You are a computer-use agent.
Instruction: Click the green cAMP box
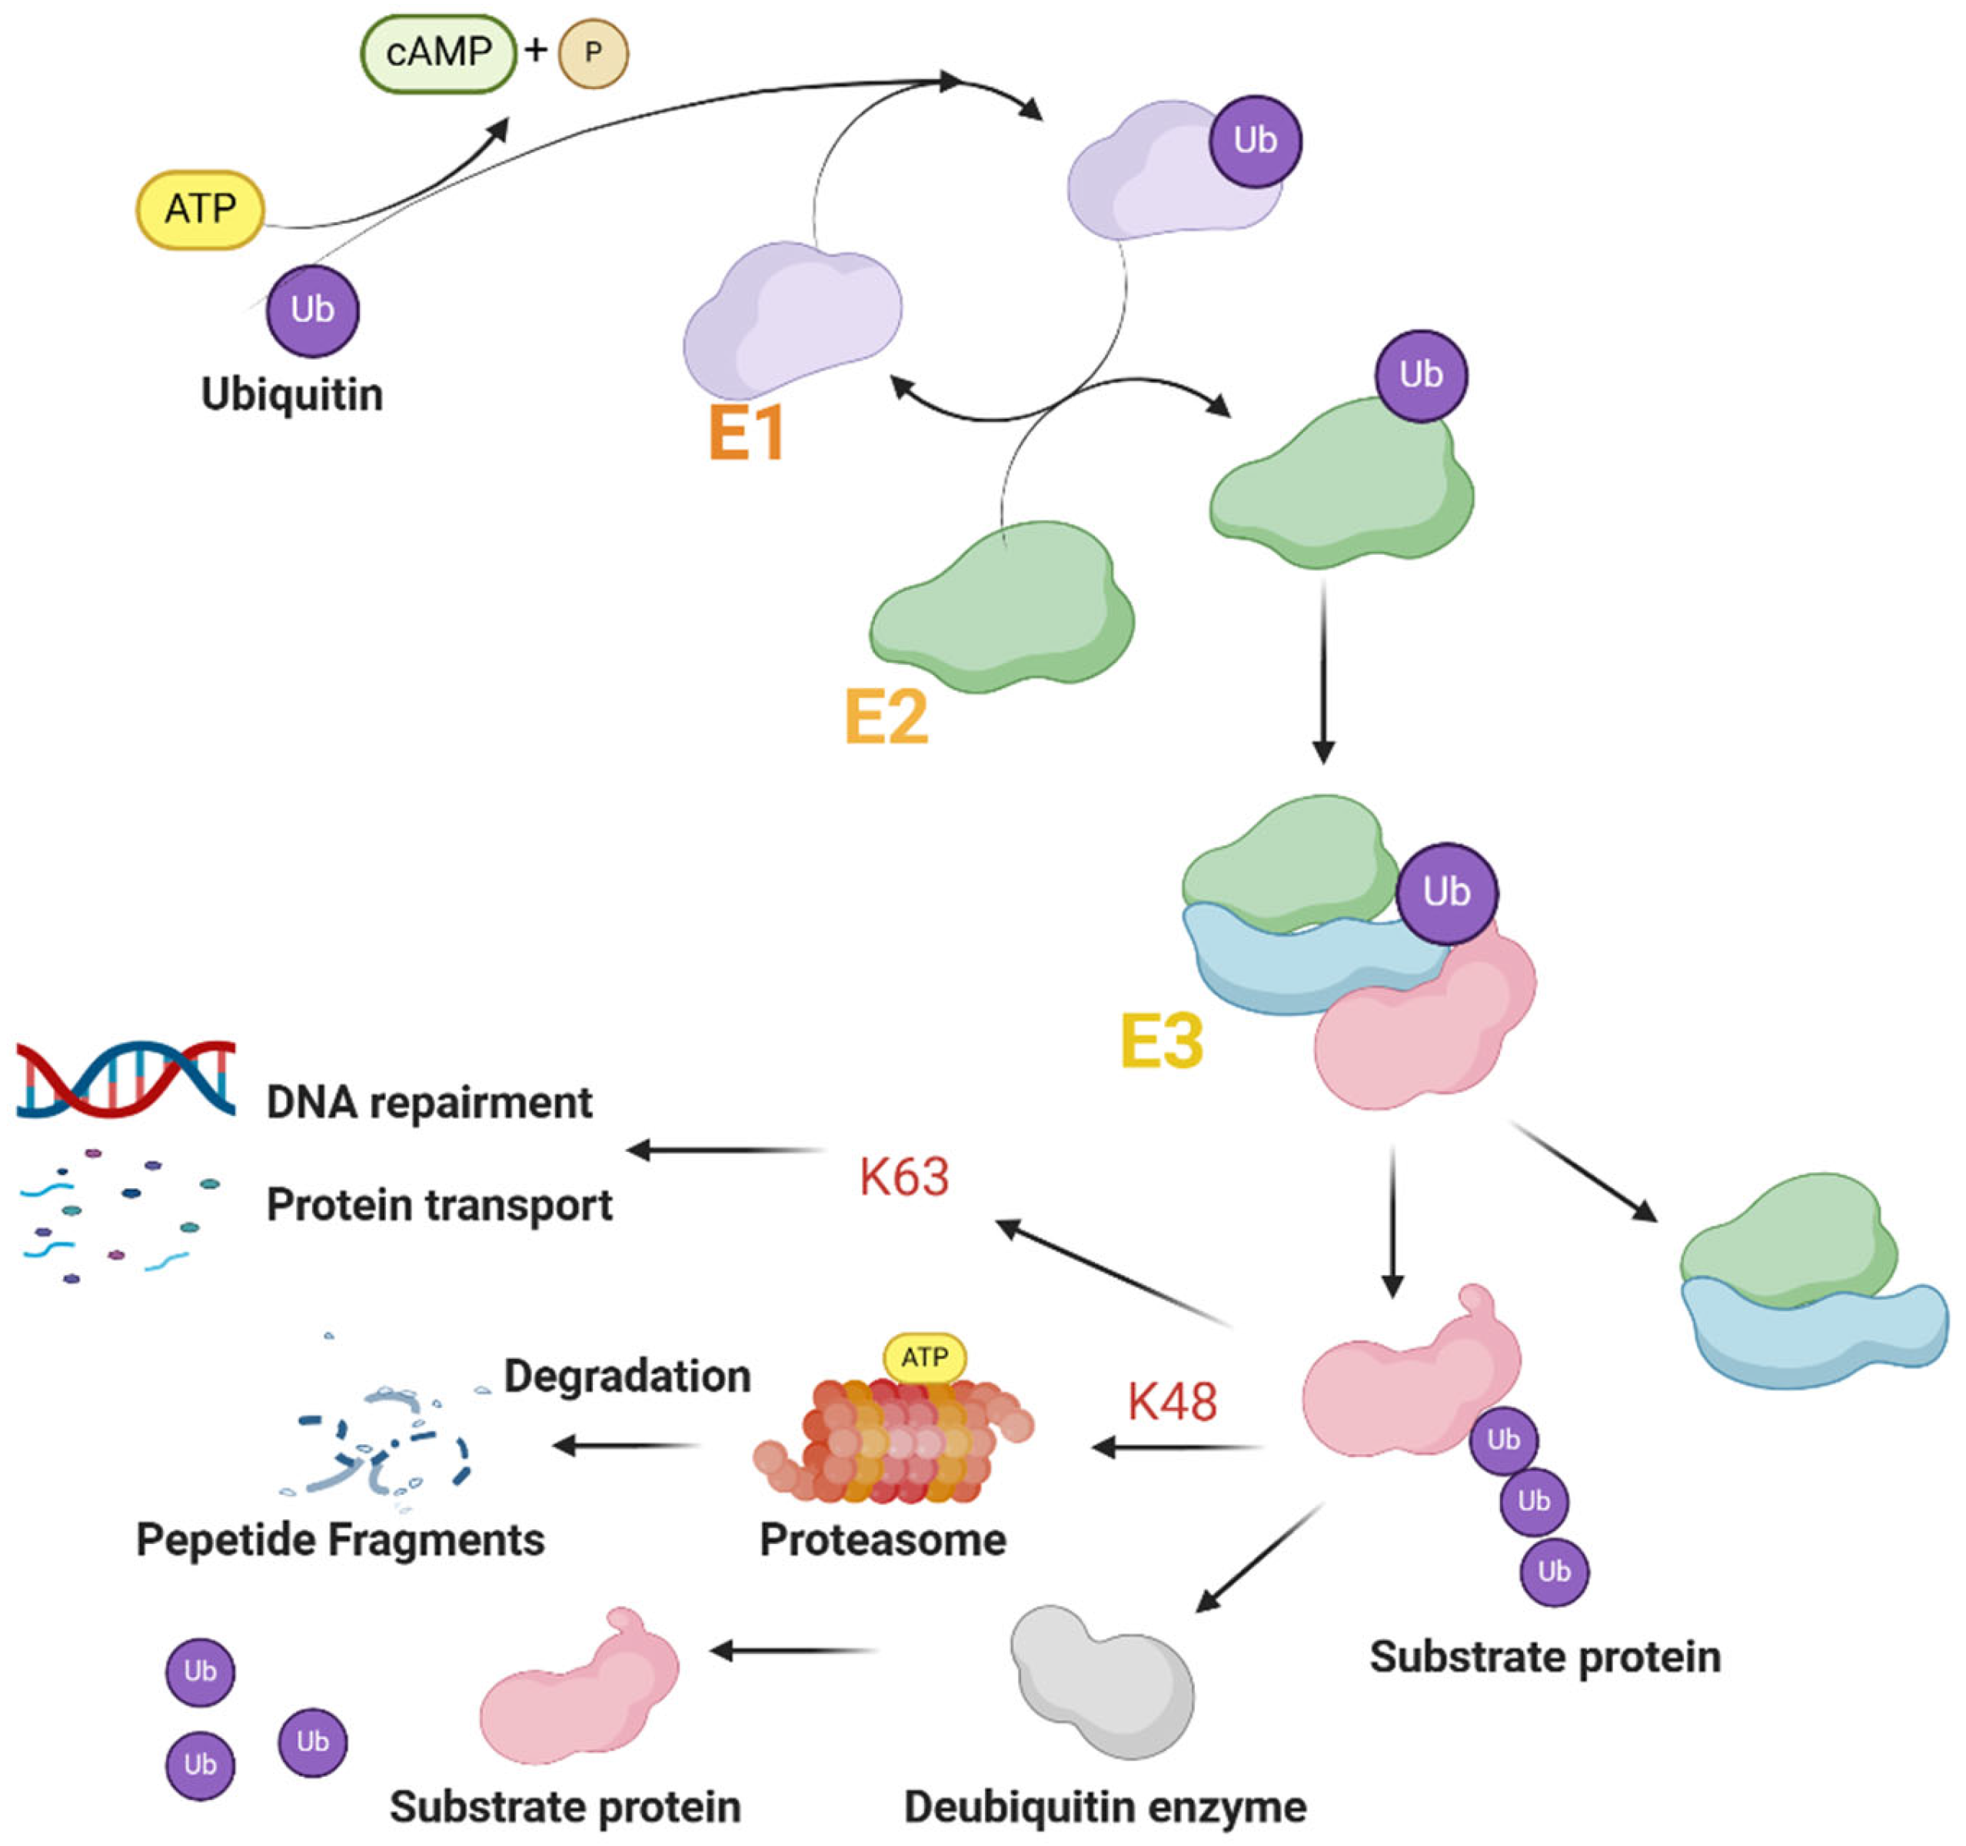tap(438, 52)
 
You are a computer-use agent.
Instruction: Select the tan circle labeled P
tap(594, 52)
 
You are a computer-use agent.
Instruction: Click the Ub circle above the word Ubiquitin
tap(312, 310)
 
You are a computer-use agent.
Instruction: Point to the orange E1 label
tap(747, 433)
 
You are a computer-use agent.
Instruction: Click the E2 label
tap(886, 717)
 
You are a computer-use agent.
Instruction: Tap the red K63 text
tap(904, 1177)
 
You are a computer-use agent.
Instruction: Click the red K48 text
tap(1172, 1401)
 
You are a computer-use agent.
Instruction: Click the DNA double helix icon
tap(127, 1079)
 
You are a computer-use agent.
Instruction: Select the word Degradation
tap(627, 1376)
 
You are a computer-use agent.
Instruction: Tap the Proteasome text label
tap(882, 1539)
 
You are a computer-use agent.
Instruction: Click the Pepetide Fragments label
tap(340, 1539)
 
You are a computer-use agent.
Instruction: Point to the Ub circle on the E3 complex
tap(1447, 893)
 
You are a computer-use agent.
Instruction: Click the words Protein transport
tap(439, 1205)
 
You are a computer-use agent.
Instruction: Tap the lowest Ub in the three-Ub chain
tap(1554, 1571)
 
